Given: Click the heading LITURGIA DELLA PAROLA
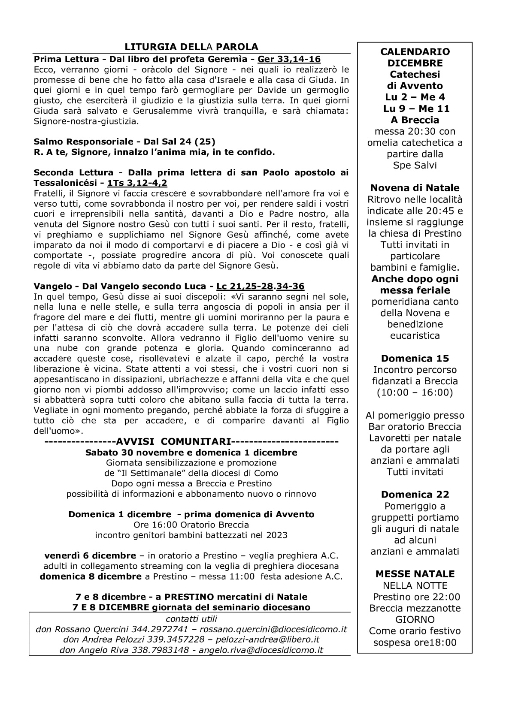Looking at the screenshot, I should tap(191, 47).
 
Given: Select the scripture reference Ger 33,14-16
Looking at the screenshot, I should tap(289, 59).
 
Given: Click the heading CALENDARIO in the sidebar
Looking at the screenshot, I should tap(415, 52).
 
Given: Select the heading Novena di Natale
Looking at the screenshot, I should tap(415, 188).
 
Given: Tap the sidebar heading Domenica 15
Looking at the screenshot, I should tap(415, 358).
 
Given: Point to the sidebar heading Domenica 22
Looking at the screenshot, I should tap(415, 494).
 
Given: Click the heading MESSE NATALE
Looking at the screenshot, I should tap(415, 574).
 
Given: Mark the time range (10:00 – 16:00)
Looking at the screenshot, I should tap(415, 392).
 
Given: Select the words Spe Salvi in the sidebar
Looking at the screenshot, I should tap(415, 165).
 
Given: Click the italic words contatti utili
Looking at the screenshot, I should tap(191, 619).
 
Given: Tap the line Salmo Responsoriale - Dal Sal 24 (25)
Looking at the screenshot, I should tap(124, 142).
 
